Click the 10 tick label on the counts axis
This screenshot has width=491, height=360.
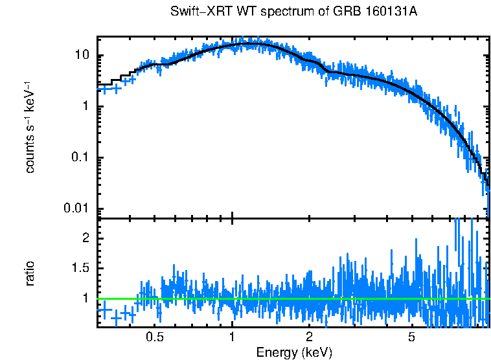coord(82,56)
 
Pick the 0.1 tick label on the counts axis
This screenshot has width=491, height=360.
coord(80,157)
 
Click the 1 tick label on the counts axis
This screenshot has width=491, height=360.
coord(85,107)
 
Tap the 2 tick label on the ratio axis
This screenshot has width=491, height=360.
coord(85,238)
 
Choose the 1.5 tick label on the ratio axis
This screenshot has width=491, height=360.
coord(80,268)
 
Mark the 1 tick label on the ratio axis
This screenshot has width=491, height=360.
coord(85,298)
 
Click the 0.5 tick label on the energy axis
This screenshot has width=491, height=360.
coord(155,337)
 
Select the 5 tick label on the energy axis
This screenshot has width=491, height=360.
coord(411,337)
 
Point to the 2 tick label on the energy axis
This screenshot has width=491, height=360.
coord(309,337)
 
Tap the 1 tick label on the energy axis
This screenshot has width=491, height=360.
coord(232,337)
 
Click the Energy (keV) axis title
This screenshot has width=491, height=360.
coord(293,352)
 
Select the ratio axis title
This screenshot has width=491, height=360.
coord(30,273)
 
